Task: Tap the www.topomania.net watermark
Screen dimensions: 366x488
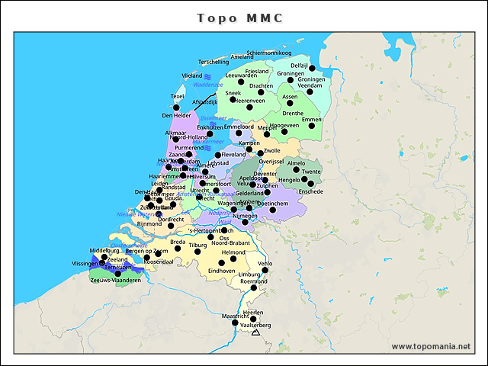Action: [430, 346]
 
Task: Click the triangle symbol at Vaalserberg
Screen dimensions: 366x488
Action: [256, 332]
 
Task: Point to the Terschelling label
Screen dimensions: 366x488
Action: [213, 62]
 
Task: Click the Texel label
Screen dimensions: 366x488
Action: [178, 97]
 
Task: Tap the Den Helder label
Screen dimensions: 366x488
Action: [177, 116]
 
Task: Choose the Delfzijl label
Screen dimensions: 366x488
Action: [299, 66]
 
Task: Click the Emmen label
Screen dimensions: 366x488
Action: [312, 120]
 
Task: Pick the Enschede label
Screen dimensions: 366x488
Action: [311, 191]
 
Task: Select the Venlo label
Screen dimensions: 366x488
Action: [265, 263]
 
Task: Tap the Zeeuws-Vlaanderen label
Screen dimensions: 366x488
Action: [116, 281]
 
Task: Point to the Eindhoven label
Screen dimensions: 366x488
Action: [222, 271]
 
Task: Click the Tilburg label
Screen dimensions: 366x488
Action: [198, 246]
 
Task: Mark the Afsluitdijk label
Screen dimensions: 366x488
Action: [205, 102]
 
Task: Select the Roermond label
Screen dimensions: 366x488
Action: [254, 281]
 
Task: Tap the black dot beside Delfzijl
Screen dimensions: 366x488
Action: [312, 68]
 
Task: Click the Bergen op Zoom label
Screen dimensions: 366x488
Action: [147, 251]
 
